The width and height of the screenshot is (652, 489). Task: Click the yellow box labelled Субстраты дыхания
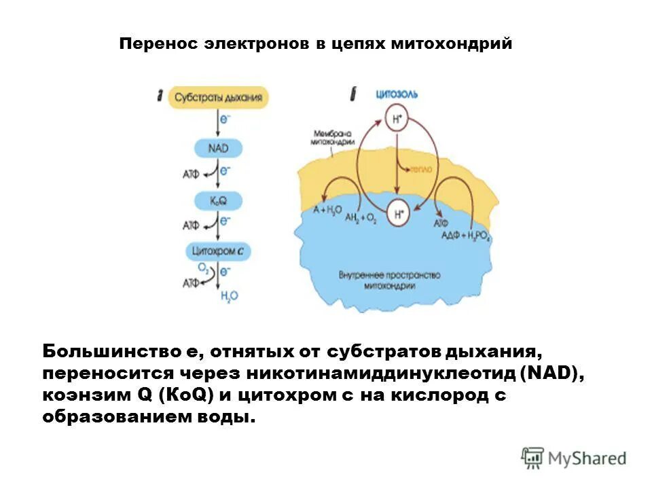[217, 97]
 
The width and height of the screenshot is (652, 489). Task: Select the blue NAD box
[218, 147]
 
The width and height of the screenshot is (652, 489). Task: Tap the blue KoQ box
[218, 200]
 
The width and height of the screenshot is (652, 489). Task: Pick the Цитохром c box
[218, 251]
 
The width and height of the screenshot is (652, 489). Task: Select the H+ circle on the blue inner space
[398, 214]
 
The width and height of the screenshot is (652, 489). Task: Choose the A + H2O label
[328, 211]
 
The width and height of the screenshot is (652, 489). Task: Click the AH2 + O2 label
[361, 218]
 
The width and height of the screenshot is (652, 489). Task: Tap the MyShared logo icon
[533, 458]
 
